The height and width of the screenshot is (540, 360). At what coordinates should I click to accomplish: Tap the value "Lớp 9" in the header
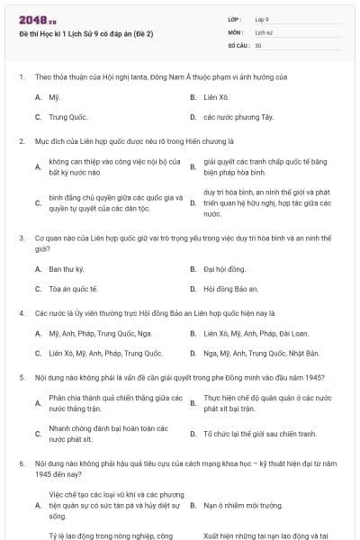pyautogui.click(x=262, y=19)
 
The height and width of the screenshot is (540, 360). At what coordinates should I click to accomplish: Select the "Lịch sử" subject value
pyautogui.click(x=264, y=31)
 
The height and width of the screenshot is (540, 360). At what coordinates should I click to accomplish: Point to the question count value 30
pyautogui.click(x=258, y=44)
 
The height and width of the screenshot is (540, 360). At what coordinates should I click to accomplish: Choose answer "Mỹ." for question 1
pyautogui.click(x=55, y=95)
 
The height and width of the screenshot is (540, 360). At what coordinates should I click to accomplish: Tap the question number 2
pyautogui.click(x=21, y=140)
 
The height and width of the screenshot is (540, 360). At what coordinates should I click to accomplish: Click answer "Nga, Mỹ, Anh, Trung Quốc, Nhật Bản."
pyautogui.click(x=261, y=353)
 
